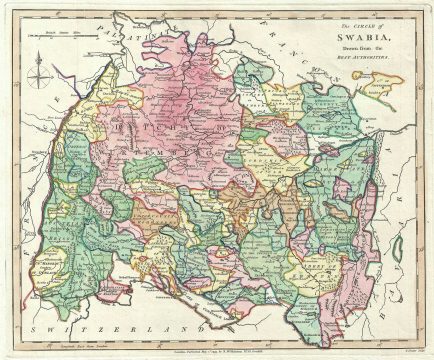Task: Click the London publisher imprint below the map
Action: (x=216, y=346)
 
